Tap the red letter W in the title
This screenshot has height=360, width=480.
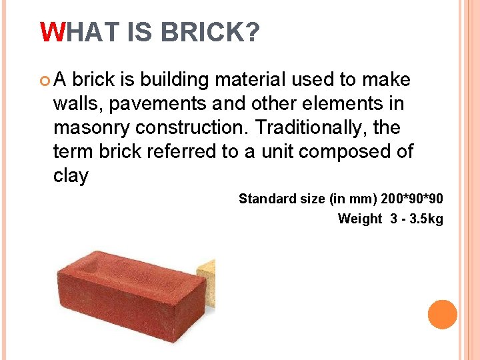pyautogui.click(x=51, y=31)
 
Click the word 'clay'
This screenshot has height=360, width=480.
pyautogui.click(x=70, y=176)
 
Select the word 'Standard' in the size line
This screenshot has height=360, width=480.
pyautogui.click(x=265, y=199)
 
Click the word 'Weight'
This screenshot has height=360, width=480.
pyautogui.click(x=360, y=219)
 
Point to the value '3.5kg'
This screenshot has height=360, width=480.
pyautogui.click(x=426, y=219)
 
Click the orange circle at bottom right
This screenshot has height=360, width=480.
pyautogui.click(x=442, y=314)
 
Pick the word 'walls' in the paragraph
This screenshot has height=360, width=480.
pyautogui.click(x=74, y=104)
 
